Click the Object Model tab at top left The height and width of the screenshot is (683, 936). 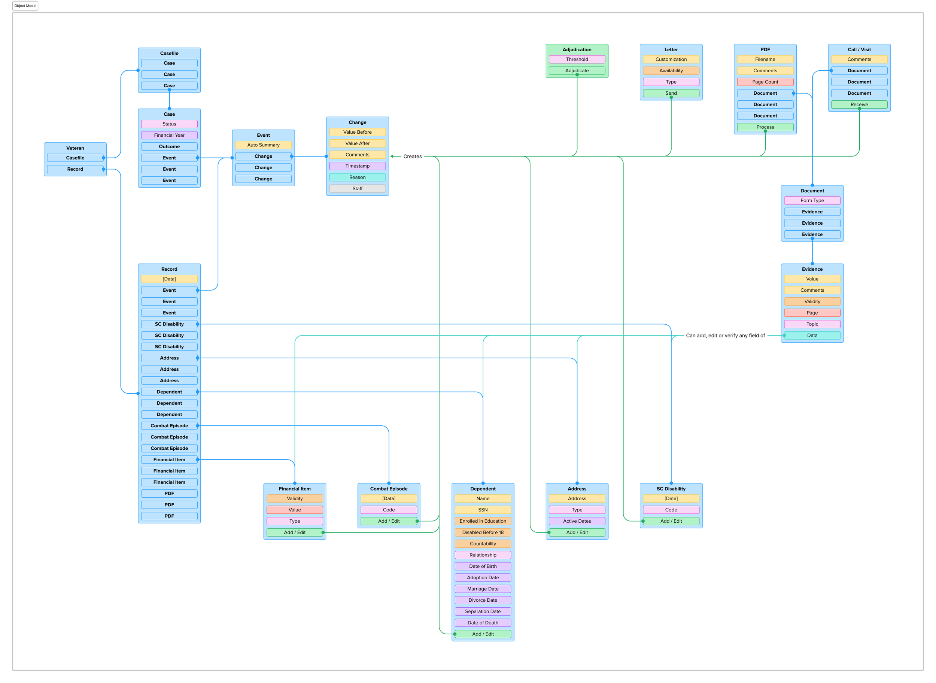tap(25, 6)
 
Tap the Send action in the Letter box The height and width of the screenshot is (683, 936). tap(671, 93)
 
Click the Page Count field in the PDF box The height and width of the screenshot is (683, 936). tap(765, 82)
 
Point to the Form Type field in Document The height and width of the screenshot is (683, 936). tap(812, 200)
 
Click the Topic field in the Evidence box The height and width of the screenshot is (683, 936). tap(812, 324)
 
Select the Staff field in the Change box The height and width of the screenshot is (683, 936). tap(357, 188)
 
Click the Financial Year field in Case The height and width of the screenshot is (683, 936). tap(169, 135)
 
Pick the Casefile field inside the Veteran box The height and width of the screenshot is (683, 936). tap(75, 158)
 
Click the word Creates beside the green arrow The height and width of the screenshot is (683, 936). tap(412, 156)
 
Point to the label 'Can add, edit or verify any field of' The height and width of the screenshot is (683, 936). tap(725, 335)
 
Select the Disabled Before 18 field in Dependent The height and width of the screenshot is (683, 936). tap(483, 532)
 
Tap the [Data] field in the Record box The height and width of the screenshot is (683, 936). tap(169, 279)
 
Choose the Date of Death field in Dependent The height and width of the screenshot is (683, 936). tap(483, 623)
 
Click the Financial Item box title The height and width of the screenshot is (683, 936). tap(294, 489)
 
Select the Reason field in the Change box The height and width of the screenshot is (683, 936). tap(357, 177)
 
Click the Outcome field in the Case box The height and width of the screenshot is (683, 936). tap(169, 146)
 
